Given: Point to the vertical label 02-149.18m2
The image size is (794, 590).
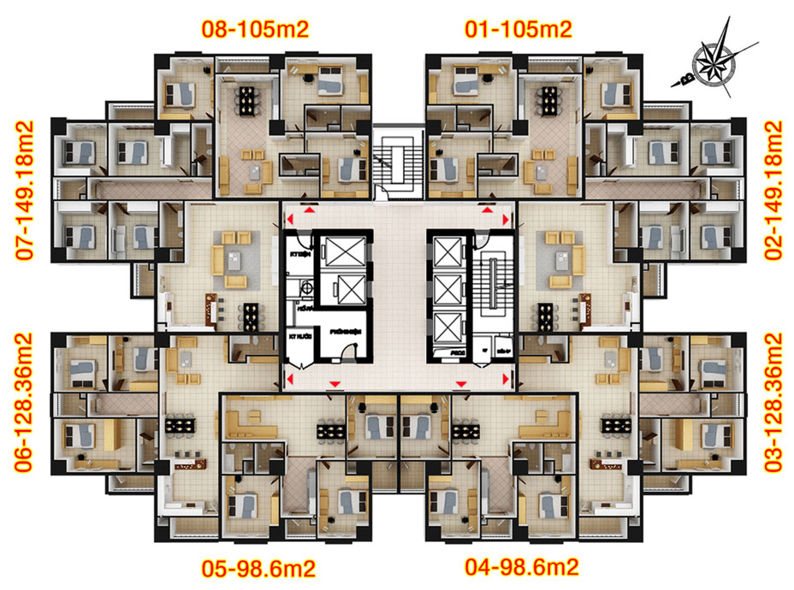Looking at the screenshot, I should click(x=773, y=191).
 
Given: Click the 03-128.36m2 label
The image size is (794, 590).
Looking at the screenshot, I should click(x=773, y=403).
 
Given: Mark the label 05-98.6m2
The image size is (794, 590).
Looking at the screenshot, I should click(x=258, y=567).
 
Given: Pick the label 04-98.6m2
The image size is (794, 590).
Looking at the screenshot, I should click(x=522, y=567).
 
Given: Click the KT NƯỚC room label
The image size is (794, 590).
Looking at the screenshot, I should click(x=297, y=337).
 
